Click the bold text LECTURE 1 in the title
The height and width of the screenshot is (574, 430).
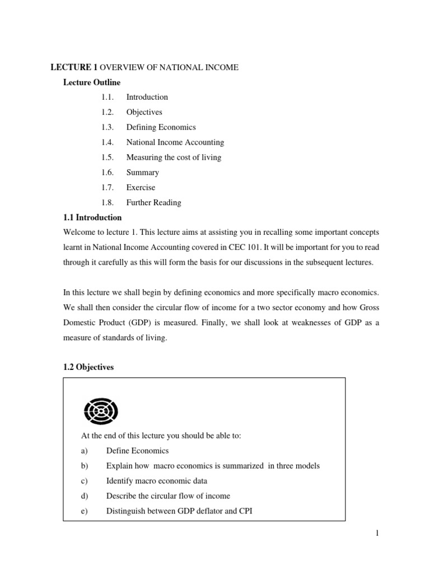(71, 67)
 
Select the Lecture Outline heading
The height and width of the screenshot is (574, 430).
(91, 82)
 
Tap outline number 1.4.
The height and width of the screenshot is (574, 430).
(107, 142)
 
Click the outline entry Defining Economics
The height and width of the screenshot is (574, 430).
(161, 127)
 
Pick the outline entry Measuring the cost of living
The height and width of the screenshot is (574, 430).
(174, 158)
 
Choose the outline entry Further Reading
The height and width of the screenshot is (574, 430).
(153, 202)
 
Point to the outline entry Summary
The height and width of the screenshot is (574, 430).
(142, 173)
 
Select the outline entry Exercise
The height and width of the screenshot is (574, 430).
(141, 187)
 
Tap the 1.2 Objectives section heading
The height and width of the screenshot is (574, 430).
(88, 367)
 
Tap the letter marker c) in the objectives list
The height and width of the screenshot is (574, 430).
(85, 481)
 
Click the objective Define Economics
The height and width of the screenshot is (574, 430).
(137, 451)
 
